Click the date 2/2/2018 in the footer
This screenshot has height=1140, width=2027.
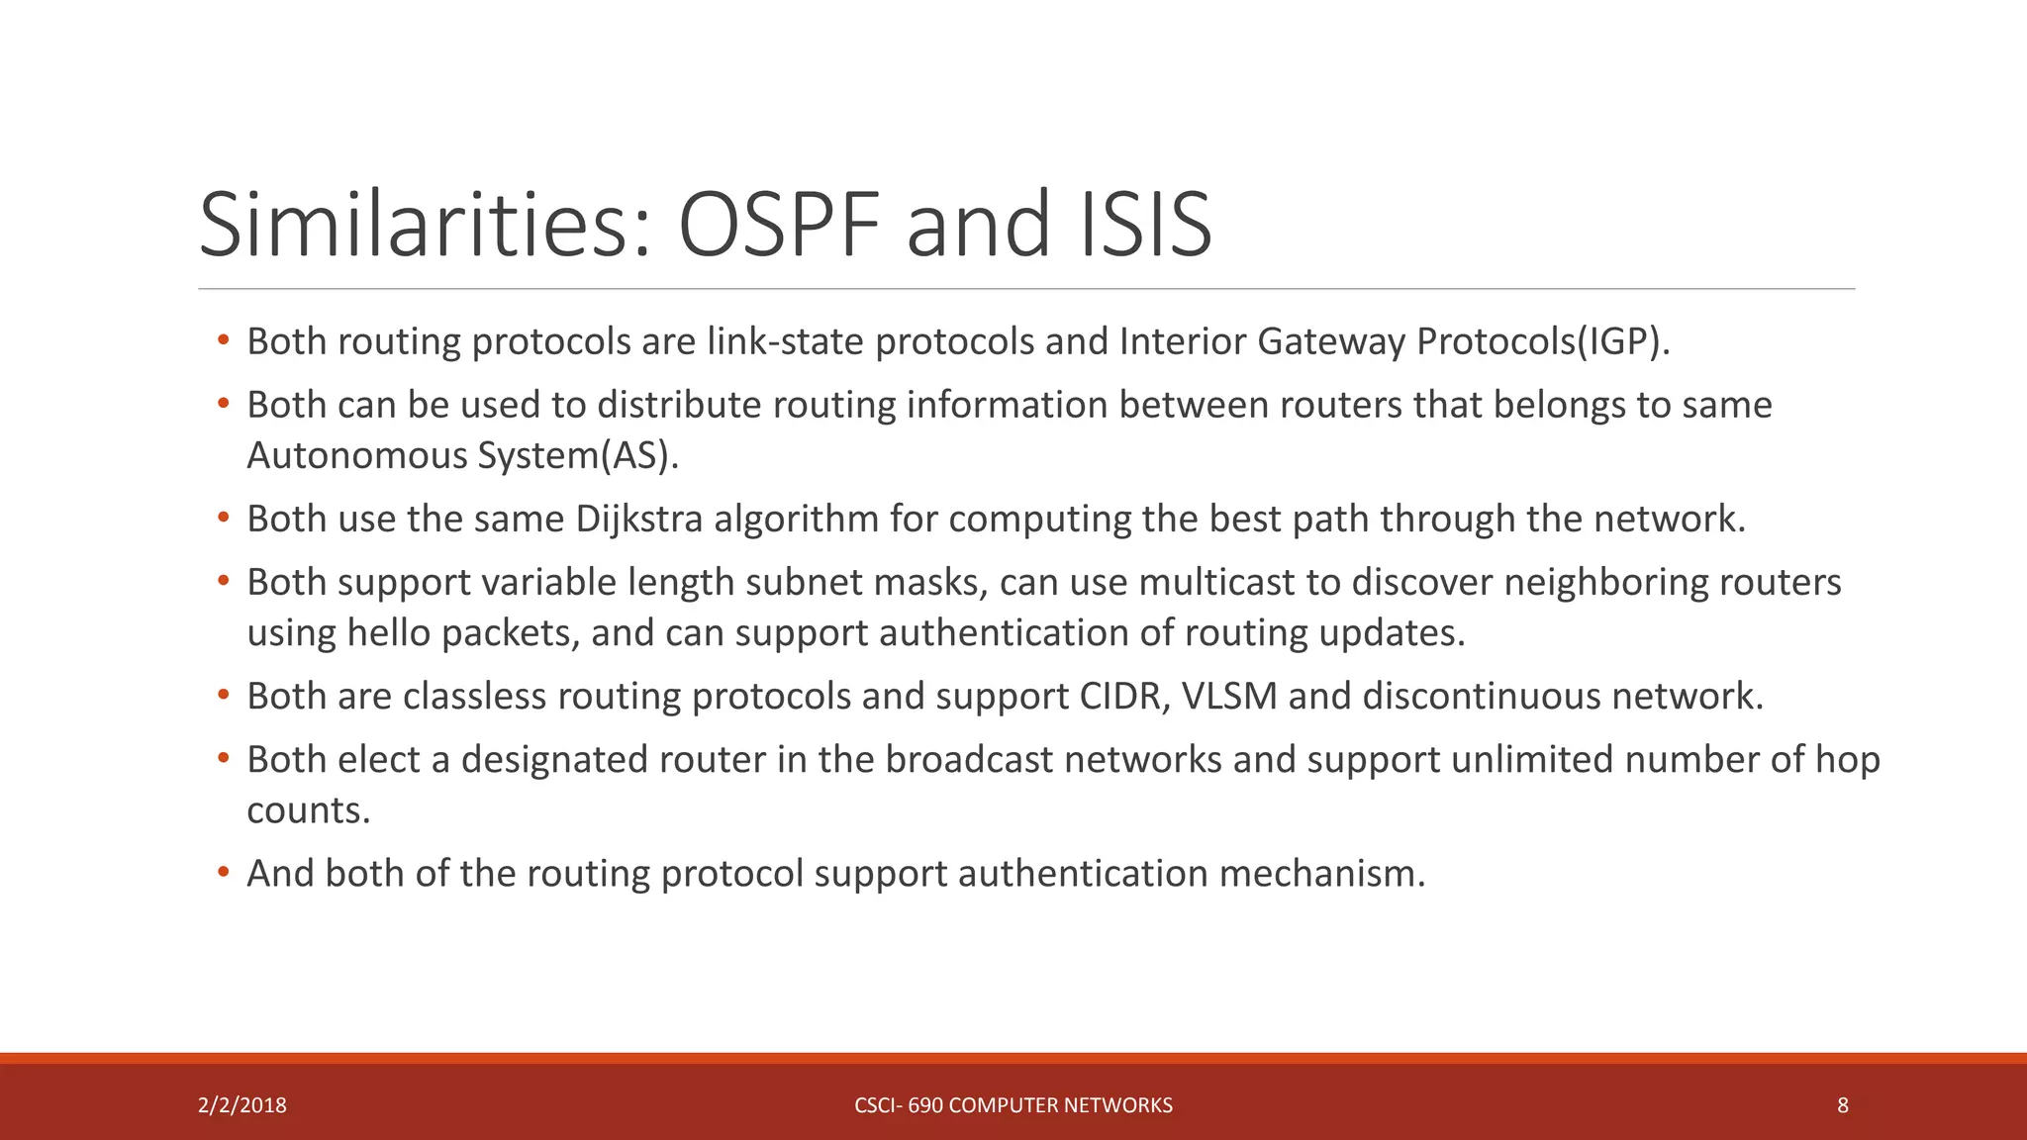242,1105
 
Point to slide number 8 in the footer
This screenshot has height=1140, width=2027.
1843,1105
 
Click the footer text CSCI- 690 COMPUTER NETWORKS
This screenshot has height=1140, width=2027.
1013,1105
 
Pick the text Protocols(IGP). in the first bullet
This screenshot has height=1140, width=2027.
1543,341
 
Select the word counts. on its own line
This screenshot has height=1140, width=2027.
308,810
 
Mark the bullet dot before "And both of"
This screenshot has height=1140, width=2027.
224,873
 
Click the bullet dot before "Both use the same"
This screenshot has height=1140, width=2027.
224,518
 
